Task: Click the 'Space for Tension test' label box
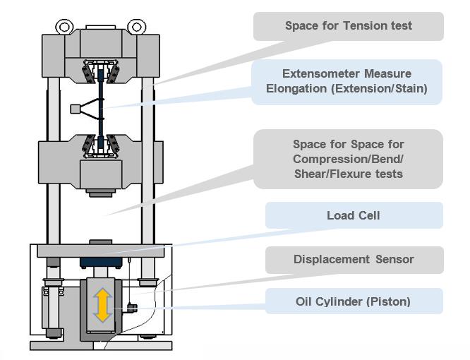tap(349, 26)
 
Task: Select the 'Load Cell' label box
tap(354, 215)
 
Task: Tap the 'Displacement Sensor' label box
tap(354, 259)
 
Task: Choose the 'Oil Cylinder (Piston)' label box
tap(354, 301)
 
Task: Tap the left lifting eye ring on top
tap(65, 28)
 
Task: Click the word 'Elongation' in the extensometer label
tap(296, 89)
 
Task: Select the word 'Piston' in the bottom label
tap(390, 301)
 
